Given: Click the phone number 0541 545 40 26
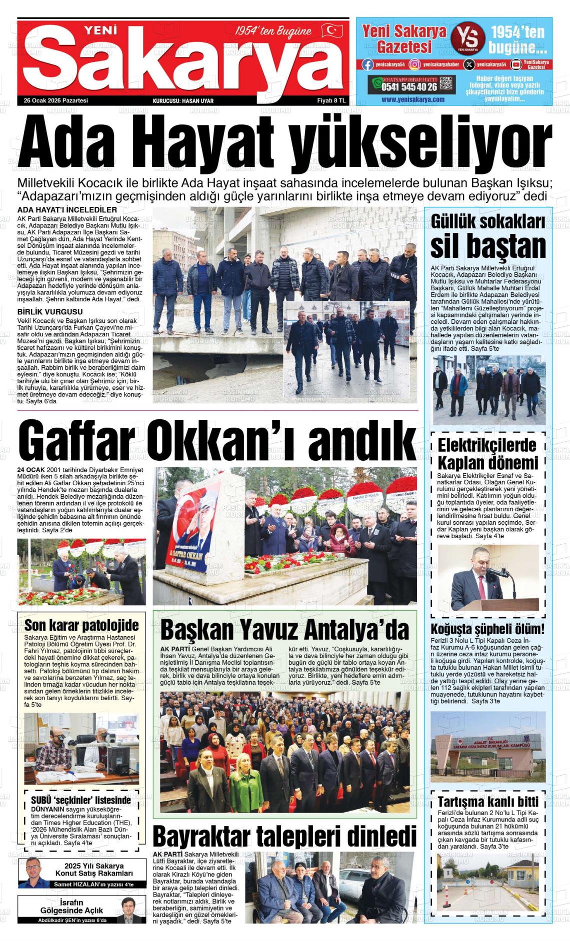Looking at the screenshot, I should [409, 87].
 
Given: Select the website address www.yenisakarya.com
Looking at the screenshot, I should [412, 99].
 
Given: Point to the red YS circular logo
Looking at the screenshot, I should [468, 38].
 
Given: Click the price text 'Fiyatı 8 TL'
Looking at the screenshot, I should [331, 100].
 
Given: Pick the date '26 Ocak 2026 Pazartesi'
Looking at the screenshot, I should [56, 100].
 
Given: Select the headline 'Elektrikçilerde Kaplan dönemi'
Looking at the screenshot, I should [487, 453].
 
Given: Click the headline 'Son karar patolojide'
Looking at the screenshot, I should [81, 625].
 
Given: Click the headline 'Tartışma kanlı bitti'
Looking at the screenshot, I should [487, 802].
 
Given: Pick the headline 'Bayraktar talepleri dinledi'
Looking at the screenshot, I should [284, 836].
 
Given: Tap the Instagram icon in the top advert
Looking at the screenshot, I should [414, 64].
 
